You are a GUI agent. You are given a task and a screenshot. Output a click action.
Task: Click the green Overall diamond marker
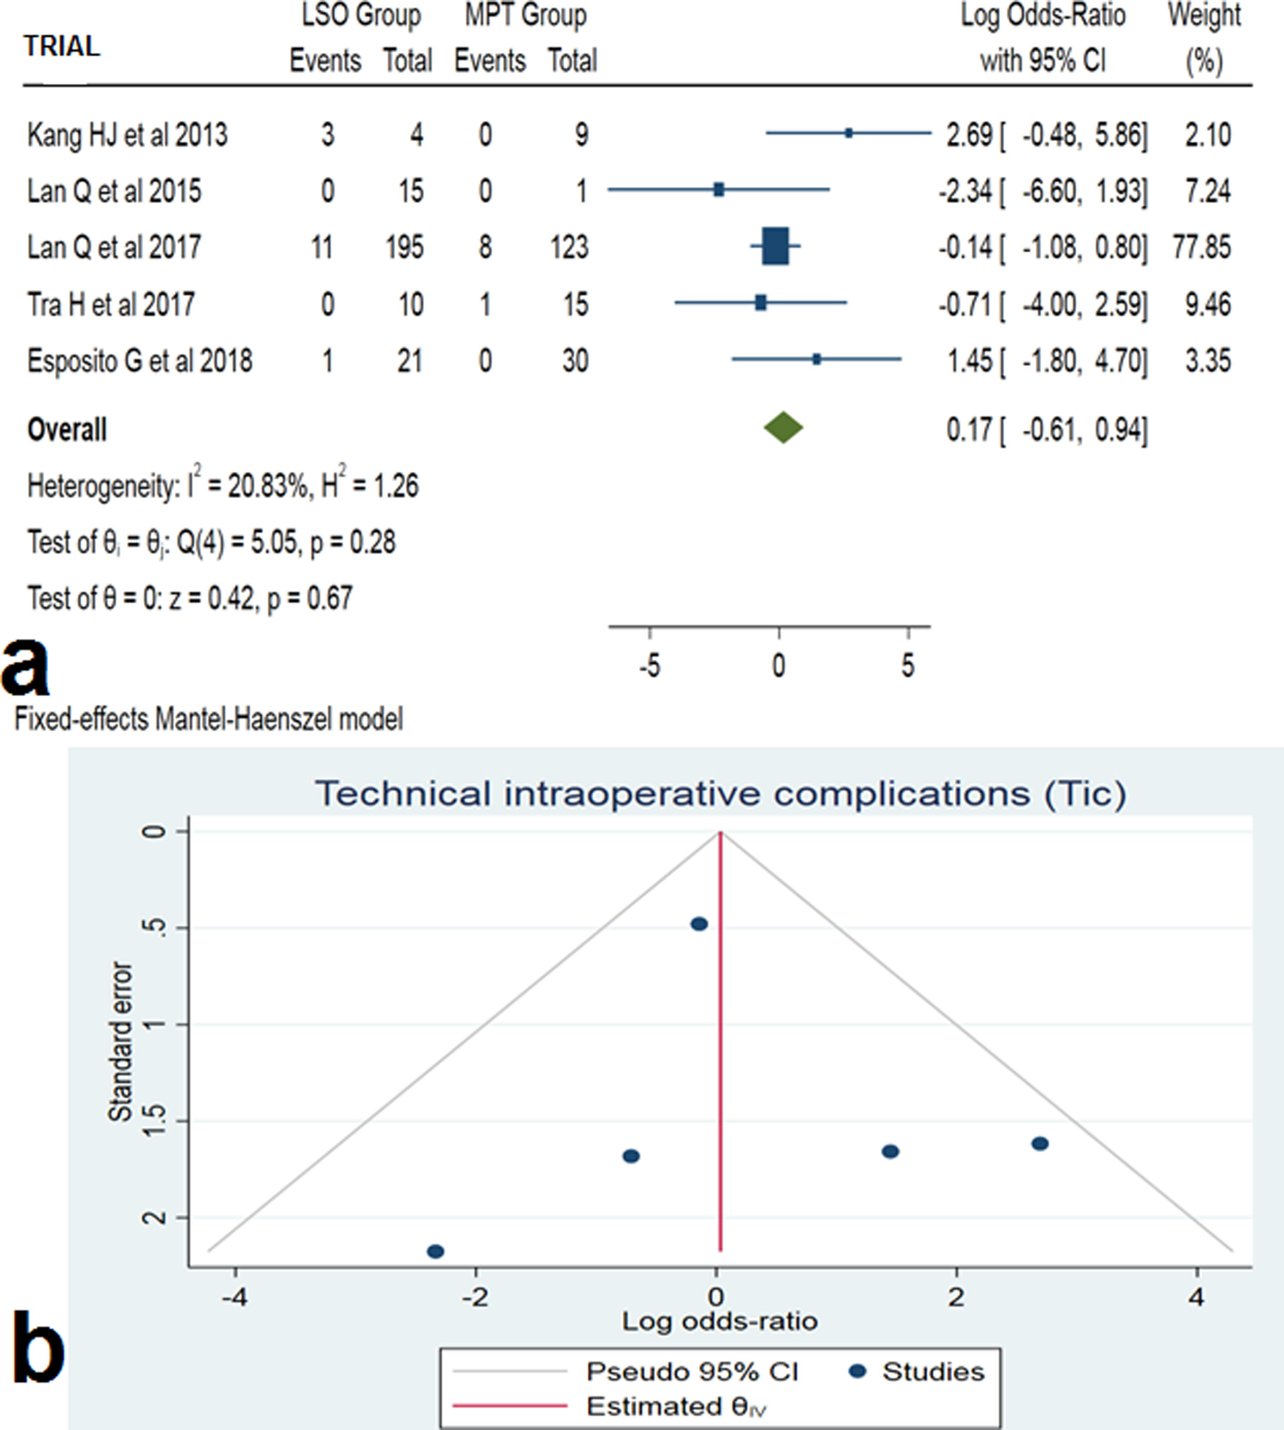coord(783,428)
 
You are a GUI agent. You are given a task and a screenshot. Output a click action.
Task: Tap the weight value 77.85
coord(1202,247)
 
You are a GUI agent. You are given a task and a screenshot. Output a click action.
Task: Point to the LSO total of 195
coord(404,247)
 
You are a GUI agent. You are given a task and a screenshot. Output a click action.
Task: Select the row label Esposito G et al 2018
coord(140,361)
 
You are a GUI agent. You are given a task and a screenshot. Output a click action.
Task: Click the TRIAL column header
coord(62,47)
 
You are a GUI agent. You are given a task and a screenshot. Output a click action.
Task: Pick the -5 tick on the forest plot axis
coord(650,665)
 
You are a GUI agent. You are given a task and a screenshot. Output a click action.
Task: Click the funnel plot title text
coord(720,793)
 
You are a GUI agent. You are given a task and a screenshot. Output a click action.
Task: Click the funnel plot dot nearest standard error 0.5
coord(699,924)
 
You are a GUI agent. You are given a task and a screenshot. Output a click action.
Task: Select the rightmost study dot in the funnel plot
coord(1040,1143)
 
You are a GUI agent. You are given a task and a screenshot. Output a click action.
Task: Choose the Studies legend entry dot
coord(858,1371)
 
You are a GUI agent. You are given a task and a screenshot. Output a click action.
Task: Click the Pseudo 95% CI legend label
coord(692,1371)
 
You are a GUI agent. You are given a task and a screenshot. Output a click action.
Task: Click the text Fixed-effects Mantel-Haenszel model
coord(209,719)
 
